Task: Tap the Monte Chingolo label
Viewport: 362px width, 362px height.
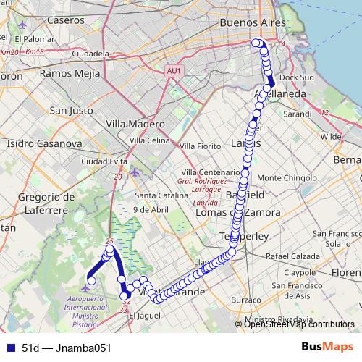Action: [x=284, y=177]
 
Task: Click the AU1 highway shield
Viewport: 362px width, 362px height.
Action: [x=173, y=71]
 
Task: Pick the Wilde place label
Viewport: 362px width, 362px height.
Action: [x=330, y=136]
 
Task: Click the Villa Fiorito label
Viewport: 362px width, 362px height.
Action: [x=199, y=146]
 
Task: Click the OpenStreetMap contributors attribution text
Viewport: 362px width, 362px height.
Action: [x=299, y=324]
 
